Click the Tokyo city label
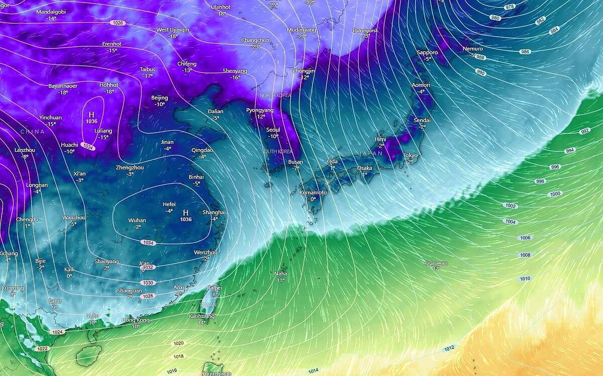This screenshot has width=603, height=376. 410,155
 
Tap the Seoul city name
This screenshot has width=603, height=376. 273,130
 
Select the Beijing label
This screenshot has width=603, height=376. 160,98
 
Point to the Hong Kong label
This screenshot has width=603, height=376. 136,320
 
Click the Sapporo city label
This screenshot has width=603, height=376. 427,52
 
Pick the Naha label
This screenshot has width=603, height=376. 281,273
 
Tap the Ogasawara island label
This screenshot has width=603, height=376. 436,263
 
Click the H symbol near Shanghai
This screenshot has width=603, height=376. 186,213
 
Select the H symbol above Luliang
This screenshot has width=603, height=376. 91,115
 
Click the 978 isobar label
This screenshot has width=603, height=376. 496,7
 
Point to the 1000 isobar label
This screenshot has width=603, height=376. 555,194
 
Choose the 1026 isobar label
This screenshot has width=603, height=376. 118,23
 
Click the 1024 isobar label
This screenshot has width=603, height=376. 57,332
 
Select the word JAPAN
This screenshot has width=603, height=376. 371,153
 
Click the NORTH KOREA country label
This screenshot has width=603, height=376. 275,95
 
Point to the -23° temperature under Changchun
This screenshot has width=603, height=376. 256,47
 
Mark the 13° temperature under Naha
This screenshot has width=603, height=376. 281,280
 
